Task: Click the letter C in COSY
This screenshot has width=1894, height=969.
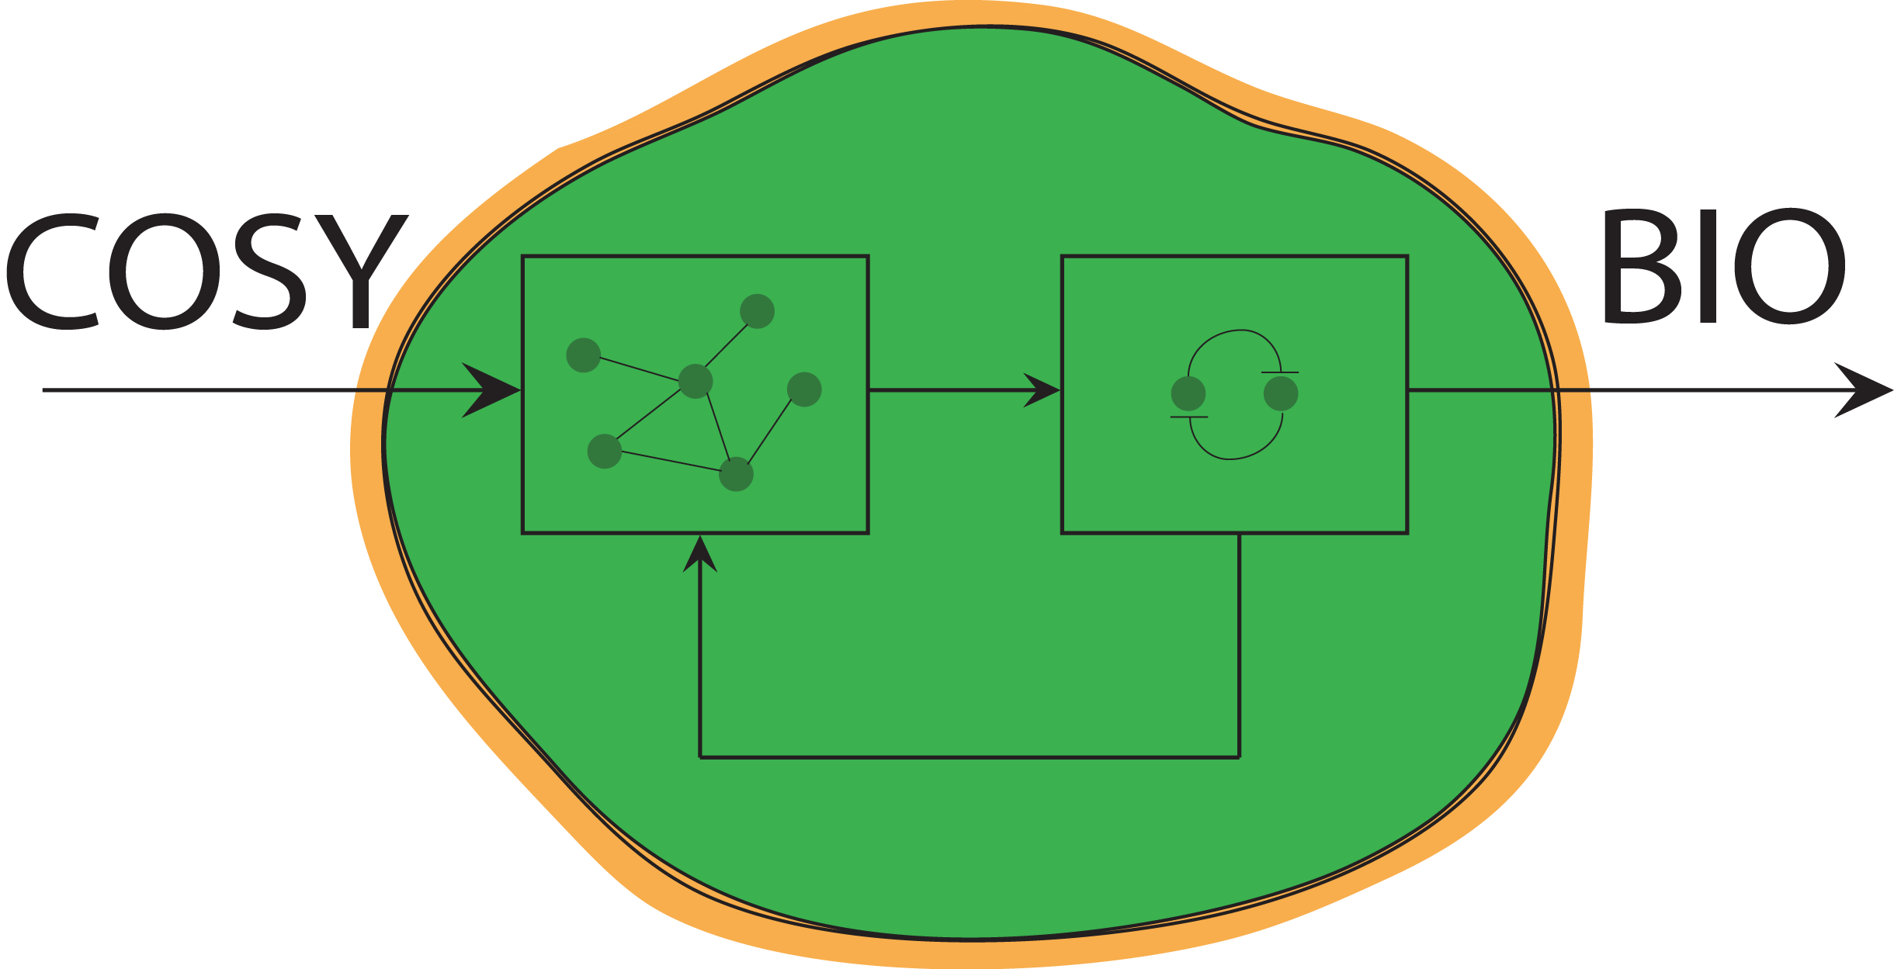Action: (x=54, y=272)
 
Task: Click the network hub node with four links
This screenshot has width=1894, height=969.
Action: (x=696, y=381)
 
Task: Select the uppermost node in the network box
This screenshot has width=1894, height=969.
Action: (x=757, y=311)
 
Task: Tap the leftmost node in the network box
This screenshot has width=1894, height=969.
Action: (x=584, y=355)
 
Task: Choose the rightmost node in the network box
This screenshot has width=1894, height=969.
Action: (x=804, y=389)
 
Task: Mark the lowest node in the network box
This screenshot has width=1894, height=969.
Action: (x=736, y=475)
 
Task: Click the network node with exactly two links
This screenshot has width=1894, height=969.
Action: (x=605, y=452)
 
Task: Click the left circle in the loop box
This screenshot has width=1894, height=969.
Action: (x=1188, y=394)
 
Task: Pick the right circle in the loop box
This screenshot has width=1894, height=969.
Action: (x=1281, y=394)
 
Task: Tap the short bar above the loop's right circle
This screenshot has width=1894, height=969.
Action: (x=1280, y=372)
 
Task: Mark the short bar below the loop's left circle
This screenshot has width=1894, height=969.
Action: (x=1189, y=417)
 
